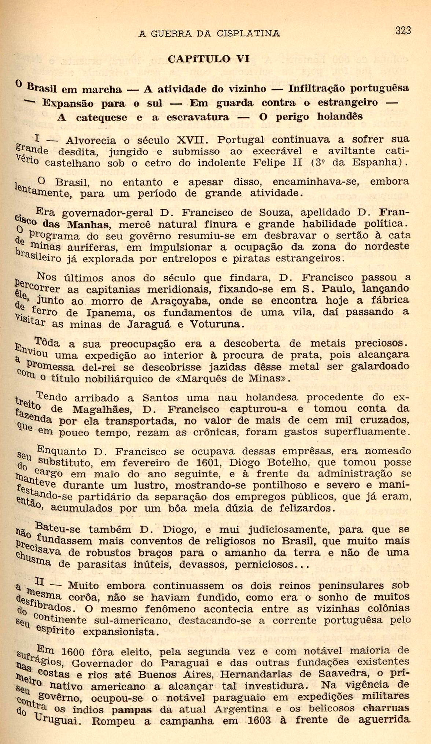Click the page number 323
pos(403,31)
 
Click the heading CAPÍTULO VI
pos(209,59)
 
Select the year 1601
pos(206,463)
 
